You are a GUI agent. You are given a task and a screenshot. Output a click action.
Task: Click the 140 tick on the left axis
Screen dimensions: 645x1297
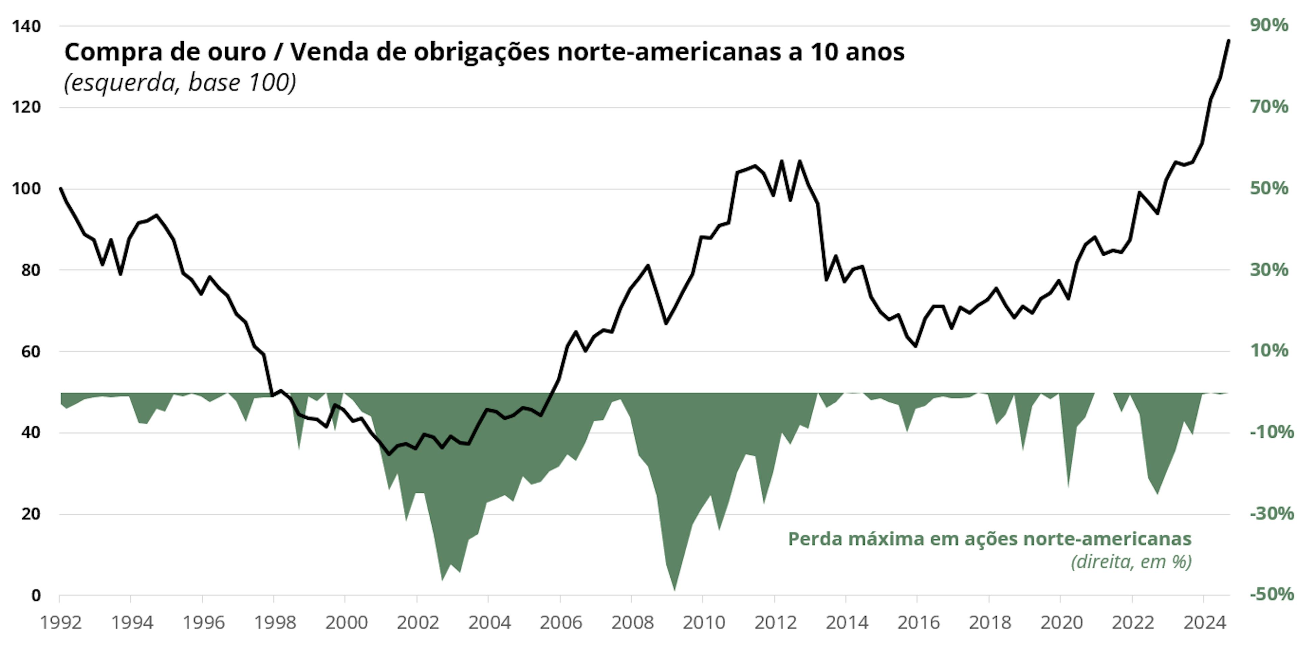pos(26,26)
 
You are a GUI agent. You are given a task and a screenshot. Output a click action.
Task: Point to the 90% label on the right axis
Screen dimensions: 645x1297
pos(1269,25)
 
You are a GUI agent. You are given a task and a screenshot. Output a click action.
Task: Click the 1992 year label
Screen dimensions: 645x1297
pos(60,623)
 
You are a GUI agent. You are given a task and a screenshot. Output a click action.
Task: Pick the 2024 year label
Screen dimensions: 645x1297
pos(1204,623)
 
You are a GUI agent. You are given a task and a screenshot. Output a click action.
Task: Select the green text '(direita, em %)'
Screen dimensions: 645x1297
pos(1131,561)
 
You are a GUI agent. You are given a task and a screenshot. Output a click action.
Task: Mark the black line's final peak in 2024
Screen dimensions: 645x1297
pos(1228,40)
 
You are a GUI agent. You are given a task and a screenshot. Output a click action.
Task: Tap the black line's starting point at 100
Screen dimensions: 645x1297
pos(60,188)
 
